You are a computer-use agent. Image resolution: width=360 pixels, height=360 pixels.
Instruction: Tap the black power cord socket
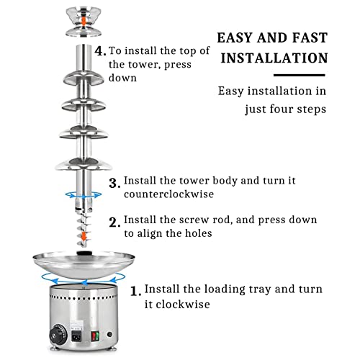tap(77, 336)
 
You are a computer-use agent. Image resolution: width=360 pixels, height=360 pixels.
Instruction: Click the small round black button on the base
tap(110, 334)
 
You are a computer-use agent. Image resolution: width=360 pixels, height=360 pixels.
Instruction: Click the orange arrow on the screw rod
tap(84, 236)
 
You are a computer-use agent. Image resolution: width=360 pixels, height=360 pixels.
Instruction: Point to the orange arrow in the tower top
tap(84, 21)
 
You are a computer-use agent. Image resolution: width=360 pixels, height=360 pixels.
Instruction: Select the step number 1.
tap(135, 291)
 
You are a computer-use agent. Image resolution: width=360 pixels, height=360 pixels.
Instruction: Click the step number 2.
tap(114, 222)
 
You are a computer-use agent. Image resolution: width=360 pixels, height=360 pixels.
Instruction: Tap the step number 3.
tap(114, 183)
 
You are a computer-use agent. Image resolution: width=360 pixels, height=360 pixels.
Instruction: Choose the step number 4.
tap(100, 51)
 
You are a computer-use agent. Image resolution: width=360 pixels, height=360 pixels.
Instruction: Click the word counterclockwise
tap(168, 194)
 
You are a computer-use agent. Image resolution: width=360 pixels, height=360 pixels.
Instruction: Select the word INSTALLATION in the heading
tap(274, 58)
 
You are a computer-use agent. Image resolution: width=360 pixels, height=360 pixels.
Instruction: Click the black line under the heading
tap(300, 75)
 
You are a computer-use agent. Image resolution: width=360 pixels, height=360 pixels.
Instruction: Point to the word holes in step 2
tap(198, 233)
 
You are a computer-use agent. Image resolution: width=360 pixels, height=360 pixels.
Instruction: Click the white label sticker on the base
tap(77, 325)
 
